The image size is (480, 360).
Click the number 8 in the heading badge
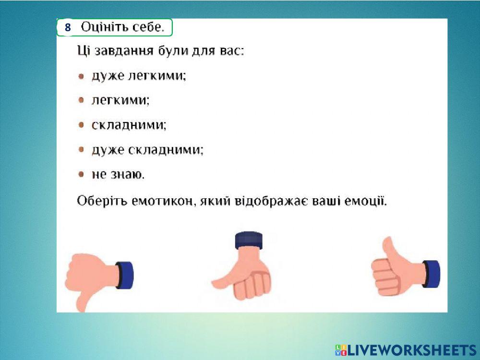pos(68,28)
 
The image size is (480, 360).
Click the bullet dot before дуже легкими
pos(82,76)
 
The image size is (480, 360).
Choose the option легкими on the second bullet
pos(120,100)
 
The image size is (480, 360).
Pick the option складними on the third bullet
pos(129,125)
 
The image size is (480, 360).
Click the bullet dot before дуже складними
pos(82,150)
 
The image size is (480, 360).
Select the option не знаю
pos(118,175)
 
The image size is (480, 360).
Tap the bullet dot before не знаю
pos(82,175)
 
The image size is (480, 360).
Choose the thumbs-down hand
pos(91,278)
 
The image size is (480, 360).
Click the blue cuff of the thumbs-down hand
pos(125,275)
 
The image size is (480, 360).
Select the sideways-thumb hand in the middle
pos(245,276)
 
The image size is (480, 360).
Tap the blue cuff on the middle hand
pos(249,240)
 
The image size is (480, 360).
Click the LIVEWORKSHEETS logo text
pos(411,350)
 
